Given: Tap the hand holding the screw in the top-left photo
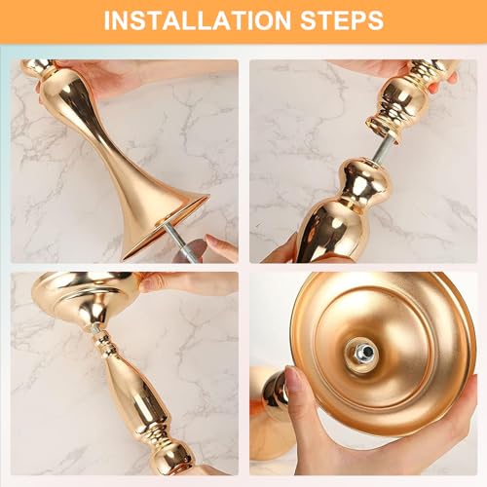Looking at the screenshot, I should (218, 251).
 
